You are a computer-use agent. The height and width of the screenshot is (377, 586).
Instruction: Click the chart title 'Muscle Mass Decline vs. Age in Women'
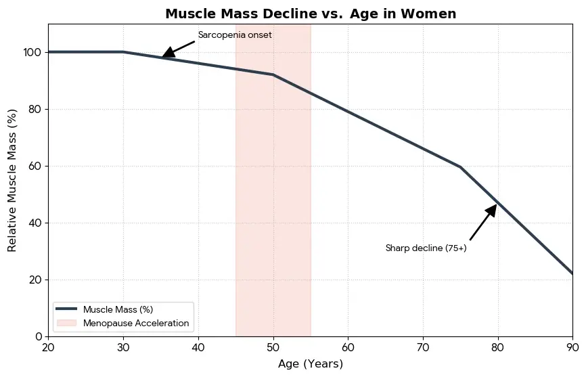pos(311,14)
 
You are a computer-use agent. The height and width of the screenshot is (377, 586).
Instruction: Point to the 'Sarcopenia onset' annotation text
pos(235,35)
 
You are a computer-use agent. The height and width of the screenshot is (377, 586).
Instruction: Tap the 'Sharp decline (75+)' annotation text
pos(426,248)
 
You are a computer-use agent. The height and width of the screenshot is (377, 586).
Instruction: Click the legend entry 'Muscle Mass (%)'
pos(118,309)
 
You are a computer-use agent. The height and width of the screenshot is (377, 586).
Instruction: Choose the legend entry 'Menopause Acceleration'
pos(136,324)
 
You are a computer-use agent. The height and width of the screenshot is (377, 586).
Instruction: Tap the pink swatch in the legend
pos(68,324)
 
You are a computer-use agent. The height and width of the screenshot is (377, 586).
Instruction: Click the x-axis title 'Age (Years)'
pos(311,364)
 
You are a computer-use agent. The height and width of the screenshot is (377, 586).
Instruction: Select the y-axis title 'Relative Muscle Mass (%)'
pos(12,180)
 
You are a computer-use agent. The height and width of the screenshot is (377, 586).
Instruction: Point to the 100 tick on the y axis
pos(32,52)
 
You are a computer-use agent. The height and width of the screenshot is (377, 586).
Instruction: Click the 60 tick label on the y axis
pos(35,166)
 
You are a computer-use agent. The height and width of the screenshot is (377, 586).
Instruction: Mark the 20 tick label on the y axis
pos(35,280)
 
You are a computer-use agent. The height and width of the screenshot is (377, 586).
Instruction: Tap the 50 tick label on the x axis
pos(273,347)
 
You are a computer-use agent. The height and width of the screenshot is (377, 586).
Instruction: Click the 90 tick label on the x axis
pos(572,347)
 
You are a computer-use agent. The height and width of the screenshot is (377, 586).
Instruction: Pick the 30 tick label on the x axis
pos(123,347)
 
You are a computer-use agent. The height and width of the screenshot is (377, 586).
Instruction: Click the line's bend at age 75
pos(460,167)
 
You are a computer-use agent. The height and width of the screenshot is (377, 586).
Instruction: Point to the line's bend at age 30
pos(123,52)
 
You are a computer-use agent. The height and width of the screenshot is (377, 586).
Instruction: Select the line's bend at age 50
pos(273,74)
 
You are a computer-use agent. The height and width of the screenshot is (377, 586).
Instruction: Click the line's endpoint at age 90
pos(572,273)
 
